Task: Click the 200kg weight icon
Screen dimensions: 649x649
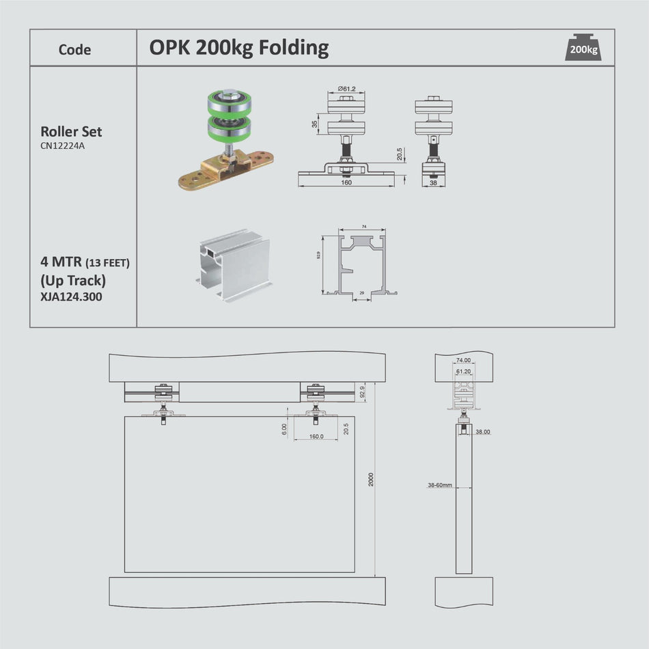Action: click(583, 48)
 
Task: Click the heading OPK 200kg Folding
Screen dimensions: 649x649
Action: click(239, 48)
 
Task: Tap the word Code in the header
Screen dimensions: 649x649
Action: click(74, 49)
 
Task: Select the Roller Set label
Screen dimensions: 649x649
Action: click(71, 131)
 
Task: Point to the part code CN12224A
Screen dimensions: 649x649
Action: click(62, 145)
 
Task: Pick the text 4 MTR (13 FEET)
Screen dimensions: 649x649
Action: click(85, 262)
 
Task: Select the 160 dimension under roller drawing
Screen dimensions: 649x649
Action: click(346, 182)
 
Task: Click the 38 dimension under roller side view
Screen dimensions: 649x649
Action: click(433, 183)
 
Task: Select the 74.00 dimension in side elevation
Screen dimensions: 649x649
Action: click(463, 359)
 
